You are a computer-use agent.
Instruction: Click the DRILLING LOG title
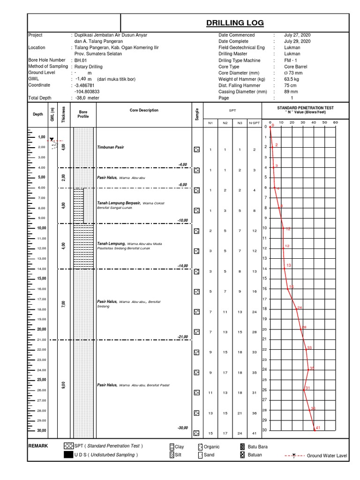[235, 23]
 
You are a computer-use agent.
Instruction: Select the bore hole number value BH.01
[81, 60]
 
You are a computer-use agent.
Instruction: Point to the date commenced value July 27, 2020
[297, 35]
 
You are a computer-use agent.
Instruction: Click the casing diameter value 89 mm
[292, 92]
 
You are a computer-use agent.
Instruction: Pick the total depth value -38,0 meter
[87, 98]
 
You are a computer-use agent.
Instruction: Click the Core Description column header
[144, 111]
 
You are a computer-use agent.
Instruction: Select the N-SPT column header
[254, 123]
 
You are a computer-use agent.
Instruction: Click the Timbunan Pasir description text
[110, 147]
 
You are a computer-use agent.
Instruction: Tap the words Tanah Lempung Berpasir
[119, 203]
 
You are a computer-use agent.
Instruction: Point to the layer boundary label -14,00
[182, 266]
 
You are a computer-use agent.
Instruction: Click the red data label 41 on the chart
[317, 427]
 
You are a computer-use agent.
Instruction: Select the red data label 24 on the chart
[299, 307]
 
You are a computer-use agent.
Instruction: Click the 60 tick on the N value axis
[335, 123]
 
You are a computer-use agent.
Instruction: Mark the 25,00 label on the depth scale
[41, 380]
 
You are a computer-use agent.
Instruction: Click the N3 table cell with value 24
[240, 433]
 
